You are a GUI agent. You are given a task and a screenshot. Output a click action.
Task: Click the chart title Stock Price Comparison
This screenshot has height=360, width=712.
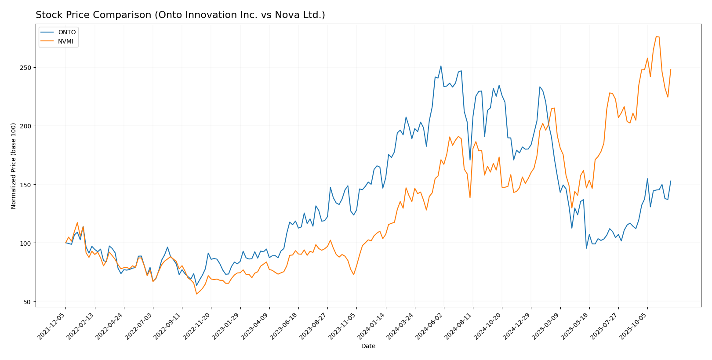tap(180, 15)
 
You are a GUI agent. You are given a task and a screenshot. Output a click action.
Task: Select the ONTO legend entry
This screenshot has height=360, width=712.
tap(67, 32)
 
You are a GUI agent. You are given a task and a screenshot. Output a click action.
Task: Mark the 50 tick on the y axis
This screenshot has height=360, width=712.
tap(28, 302)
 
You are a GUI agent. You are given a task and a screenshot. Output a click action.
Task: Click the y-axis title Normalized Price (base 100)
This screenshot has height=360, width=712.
tap(14, 166)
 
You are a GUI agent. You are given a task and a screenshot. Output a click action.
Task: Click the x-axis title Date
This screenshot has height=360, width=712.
tap(368, 346)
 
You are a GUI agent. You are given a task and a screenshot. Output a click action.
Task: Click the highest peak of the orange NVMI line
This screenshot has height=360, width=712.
tap(656, 36)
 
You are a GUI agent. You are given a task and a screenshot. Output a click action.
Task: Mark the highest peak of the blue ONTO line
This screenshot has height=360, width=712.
tap(441, 66)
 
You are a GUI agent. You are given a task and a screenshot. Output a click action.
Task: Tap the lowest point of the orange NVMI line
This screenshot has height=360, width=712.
tap(196, 294)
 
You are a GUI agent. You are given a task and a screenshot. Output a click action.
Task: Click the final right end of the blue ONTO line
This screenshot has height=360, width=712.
tap(671, 181)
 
